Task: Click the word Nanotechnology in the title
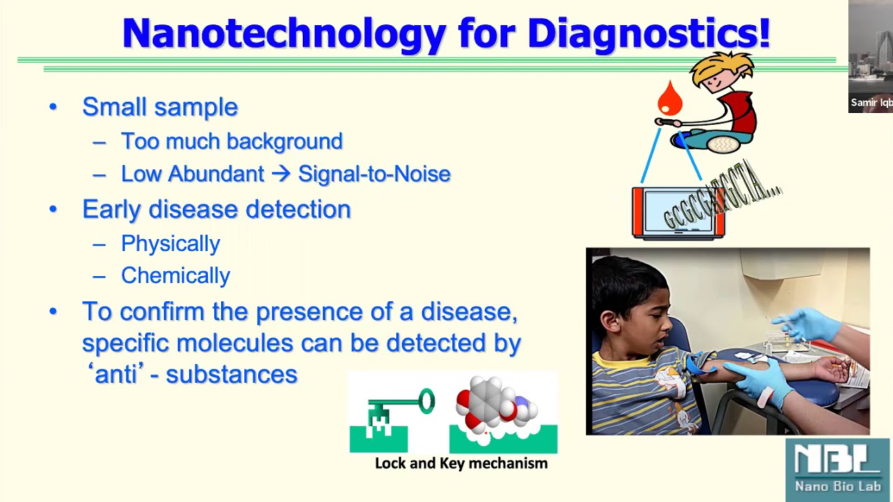284,33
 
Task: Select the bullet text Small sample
160,107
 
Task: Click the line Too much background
232,141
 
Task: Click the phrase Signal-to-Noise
374,174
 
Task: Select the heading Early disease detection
216,209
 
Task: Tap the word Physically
170,243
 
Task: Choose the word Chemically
175,275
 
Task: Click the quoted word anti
116,374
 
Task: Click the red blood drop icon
670,98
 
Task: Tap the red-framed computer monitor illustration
678,213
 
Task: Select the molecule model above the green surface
495,404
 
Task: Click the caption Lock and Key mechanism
461,463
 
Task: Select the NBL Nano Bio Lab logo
837,469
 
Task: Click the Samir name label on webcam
871,102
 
